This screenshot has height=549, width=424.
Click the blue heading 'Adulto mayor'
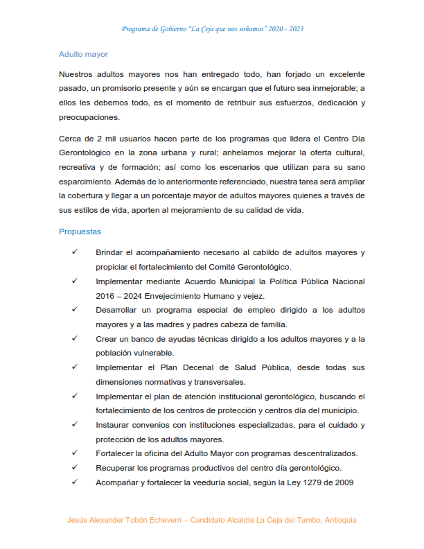pyautogui.click(x=83, y=53)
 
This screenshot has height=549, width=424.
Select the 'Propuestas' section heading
pyautogui.click(x=80, y=232)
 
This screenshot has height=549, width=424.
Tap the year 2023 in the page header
pyautogui.click(x=293, y=29)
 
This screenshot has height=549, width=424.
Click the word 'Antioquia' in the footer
pyautogui.click(x=337, y=519)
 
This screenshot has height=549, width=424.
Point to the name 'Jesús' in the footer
pyautogui.click(x=78, y=519)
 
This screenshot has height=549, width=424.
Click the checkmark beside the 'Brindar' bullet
pyautogui.click(x=74, y=252)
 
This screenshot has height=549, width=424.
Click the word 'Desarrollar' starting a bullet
pyautogui.click(x=117, y=310)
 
